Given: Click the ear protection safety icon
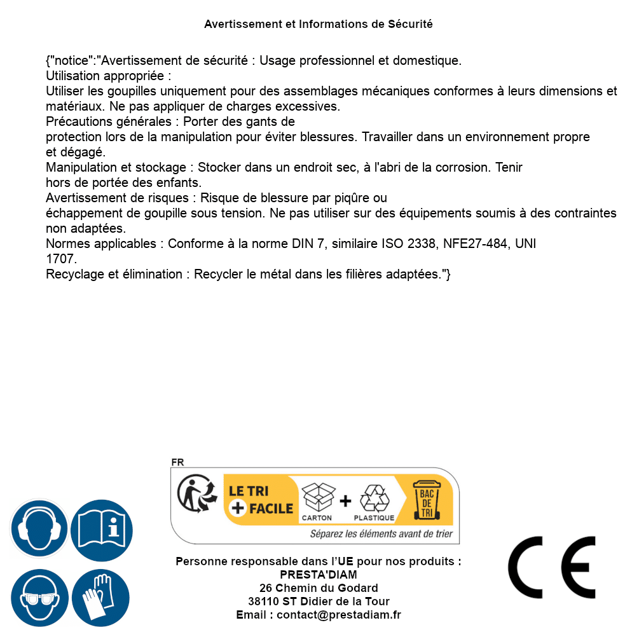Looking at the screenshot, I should pyautogui.click(x=39, y=529).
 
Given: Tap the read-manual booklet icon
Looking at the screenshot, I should pyautogui.click(x=102, y=529).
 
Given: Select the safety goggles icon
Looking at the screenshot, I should pyautogui.click(x=39, y=598).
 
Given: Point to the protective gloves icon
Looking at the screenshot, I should pyautogui.click(x=100, y=598).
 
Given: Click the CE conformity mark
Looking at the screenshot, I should pyautogui.click(x=552, y=567).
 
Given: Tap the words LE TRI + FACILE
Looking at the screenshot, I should pyautogui.click(x=261, y=500).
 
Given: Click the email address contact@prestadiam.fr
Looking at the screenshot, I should pyautogui.click(x=339, y=615).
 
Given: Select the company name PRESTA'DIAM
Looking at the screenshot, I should pyautogui.click(x=319, y=575).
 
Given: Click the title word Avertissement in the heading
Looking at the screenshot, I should pyautogui.click(x=242, y=24).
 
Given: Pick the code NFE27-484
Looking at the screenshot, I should pyautogui.click(x=479, y=244).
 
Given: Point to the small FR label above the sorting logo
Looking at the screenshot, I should pyautogui.click(x=177, y=462).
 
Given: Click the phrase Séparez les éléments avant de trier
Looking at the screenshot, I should pyautogui.click(x=381, y=534).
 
